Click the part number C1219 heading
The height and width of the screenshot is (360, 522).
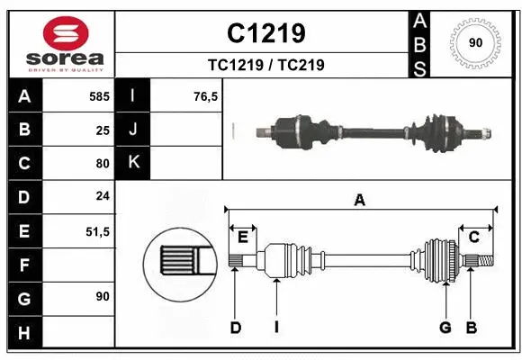[x=265, y=33]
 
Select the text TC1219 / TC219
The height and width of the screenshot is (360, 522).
[x=265, y=65]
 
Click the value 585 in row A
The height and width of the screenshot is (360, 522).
[x=99, y=95]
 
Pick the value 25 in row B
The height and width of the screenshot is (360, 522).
[x=103, y=130]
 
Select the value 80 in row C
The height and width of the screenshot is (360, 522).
[x=103, y=164]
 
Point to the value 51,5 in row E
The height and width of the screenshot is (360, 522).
[x=97, y=231]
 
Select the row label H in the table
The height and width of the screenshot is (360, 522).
[x=24, y=333]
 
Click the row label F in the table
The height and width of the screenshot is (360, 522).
[x=24, y=265]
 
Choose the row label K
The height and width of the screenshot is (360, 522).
[x=133, y=163]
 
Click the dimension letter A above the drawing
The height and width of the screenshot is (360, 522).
[x=360, y=201]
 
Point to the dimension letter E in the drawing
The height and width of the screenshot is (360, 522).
[x=242, y=237]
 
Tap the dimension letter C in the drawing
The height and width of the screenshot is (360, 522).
[x=473, y=237]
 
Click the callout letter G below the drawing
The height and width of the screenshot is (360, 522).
[x=445, y=328]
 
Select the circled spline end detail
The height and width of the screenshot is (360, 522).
[x=180, y=262]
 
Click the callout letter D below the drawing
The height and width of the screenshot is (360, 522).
[x=235, y=328]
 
